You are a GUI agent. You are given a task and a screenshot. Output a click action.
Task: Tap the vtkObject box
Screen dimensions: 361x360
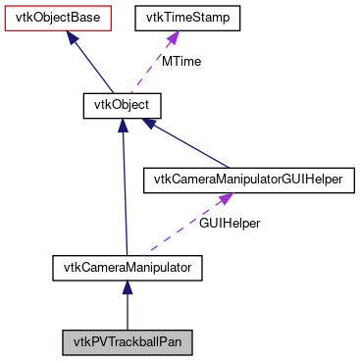coord(121,102)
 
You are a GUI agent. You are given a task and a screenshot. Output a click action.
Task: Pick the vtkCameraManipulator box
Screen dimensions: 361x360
coord(127,265)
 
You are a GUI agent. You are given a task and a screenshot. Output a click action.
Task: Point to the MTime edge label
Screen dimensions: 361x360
coord(181,61)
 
